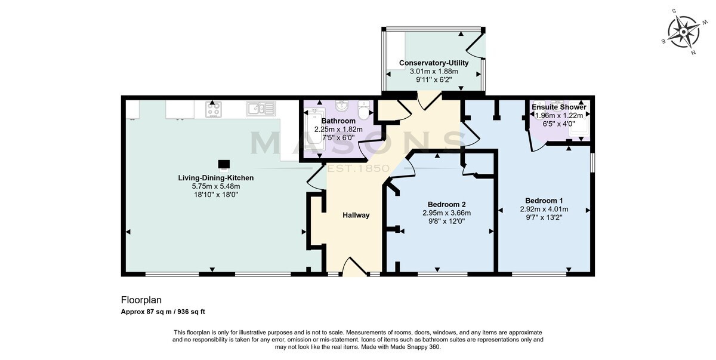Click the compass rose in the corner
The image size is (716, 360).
tap(683, 32)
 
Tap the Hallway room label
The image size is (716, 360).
tap(356, 215)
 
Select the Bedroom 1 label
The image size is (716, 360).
tap(544, 201)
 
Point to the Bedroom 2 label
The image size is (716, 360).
tap(446, 204)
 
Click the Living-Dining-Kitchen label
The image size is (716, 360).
tap(216, 178)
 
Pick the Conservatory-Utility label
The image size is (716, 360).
tap(434, 63)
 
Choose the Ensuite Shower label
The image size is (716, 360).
tap(559, 107)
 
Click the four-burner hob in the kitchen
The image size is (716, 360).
tap(213, 109)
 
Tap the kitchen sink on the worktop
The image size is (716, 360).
tap(261, 109)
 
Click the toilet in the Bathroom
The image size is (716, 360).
tap(364, 110)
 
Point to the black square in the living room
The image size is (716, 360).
tap(224, 164)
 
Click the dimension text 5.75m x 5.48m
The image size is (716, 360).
tap(216, 186)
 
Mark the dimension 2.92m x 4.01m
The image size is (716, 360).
tap(544, 210)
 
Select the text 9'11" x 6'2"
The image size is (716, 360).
tap(434, 79)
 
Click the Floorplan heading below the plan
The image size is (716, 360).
tap(141, 300)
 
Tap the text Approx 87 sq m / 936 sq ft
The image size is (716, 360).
tap(163, 312)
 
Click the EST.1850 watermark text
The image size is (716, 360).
tap(359, 168)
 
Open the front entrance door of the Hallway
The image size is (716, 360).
tap(355, 266)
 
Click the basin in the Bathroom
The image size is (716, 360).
tap(342, 105)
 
